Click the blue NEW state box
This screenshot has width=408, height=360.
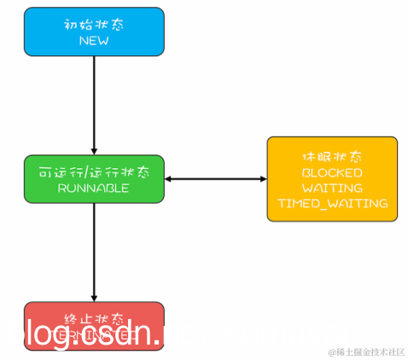94,32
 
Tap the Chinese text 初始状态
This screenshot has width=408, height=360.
94,24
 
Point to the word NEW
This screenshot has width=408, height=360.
94,40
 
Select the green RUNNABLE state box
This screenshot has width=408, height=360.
94,180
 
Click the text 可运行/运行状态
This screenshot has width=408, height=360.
94,171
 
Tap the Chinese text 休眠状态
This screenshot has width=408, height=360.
332,157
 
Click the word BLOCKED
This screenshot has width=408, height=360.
332,172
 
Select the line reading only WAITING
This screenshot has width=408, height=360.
332,188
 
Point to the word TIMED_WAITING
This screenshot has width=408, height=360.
332,204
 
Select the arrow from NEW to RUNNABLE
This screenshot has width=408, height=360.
94,107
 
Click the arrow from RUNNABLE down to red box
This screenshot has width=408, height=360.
94,252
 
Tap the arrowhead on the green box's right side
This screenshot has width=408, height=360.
169,179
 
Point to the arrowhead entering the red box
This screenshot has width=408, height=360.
94,297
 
